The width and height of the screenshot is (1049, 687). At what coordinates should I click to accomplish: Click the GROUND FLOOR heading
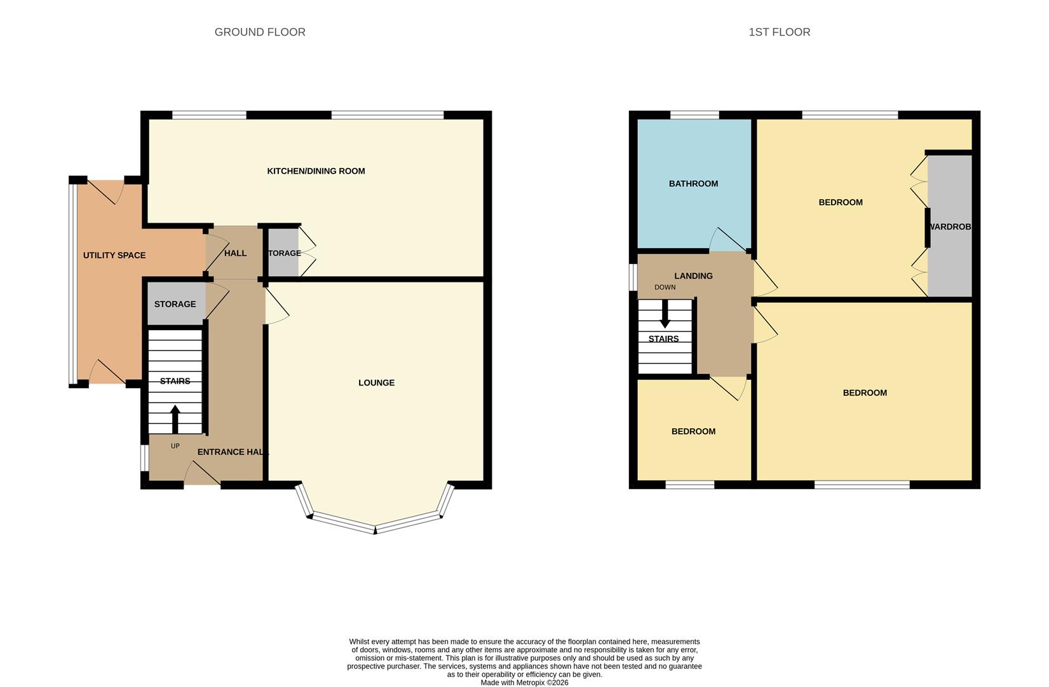click(x=260, y=32)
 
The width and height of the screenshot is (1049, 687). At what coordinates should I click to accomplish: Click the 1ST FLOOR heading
click(x=779, y=32)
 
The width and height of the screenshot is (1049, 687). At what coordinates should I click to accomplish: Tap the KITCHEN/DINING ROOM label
click(x=316, y=171)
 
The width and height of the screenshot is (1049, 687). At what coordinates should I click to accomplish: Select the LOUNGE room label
click(x=376, y=383)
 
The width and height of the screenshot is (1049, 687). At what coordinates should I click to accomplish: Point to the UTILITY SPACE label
click(x=114, y=255)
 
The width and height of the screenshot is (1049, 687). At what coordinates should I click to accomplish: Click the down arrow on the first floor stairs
click(x=665, y=314)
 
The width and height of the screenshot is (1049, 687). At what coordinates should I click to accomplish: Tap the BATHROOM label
click(x=693, y=184)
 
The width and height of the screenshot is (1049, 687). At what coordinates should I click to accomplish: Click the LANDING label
click(x=693, y=276)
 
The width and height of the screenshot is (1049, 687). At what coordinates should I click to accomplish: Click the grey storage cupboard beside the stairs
click(x=176, y=304)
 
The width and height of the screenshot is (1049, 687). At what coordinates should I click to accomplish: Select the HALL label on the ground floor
click(x=235, y=253)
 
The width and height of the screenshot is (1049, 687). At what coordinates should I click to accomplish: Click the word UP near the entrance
click(x=175, y=446)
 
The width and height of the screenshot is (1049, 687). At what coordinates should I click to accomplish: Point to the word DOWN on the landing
click(x=665, y=288)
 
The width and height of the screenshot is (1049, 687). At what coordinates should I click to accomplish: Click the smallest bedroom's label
click(x=693, y=431)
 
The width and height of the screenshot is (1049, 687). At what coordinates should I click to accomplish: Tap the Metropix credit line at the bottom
click(x=524, y=683)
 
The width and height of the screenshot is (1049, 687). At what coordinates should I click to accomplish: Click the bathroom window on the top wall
click(x=694, y=115)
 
